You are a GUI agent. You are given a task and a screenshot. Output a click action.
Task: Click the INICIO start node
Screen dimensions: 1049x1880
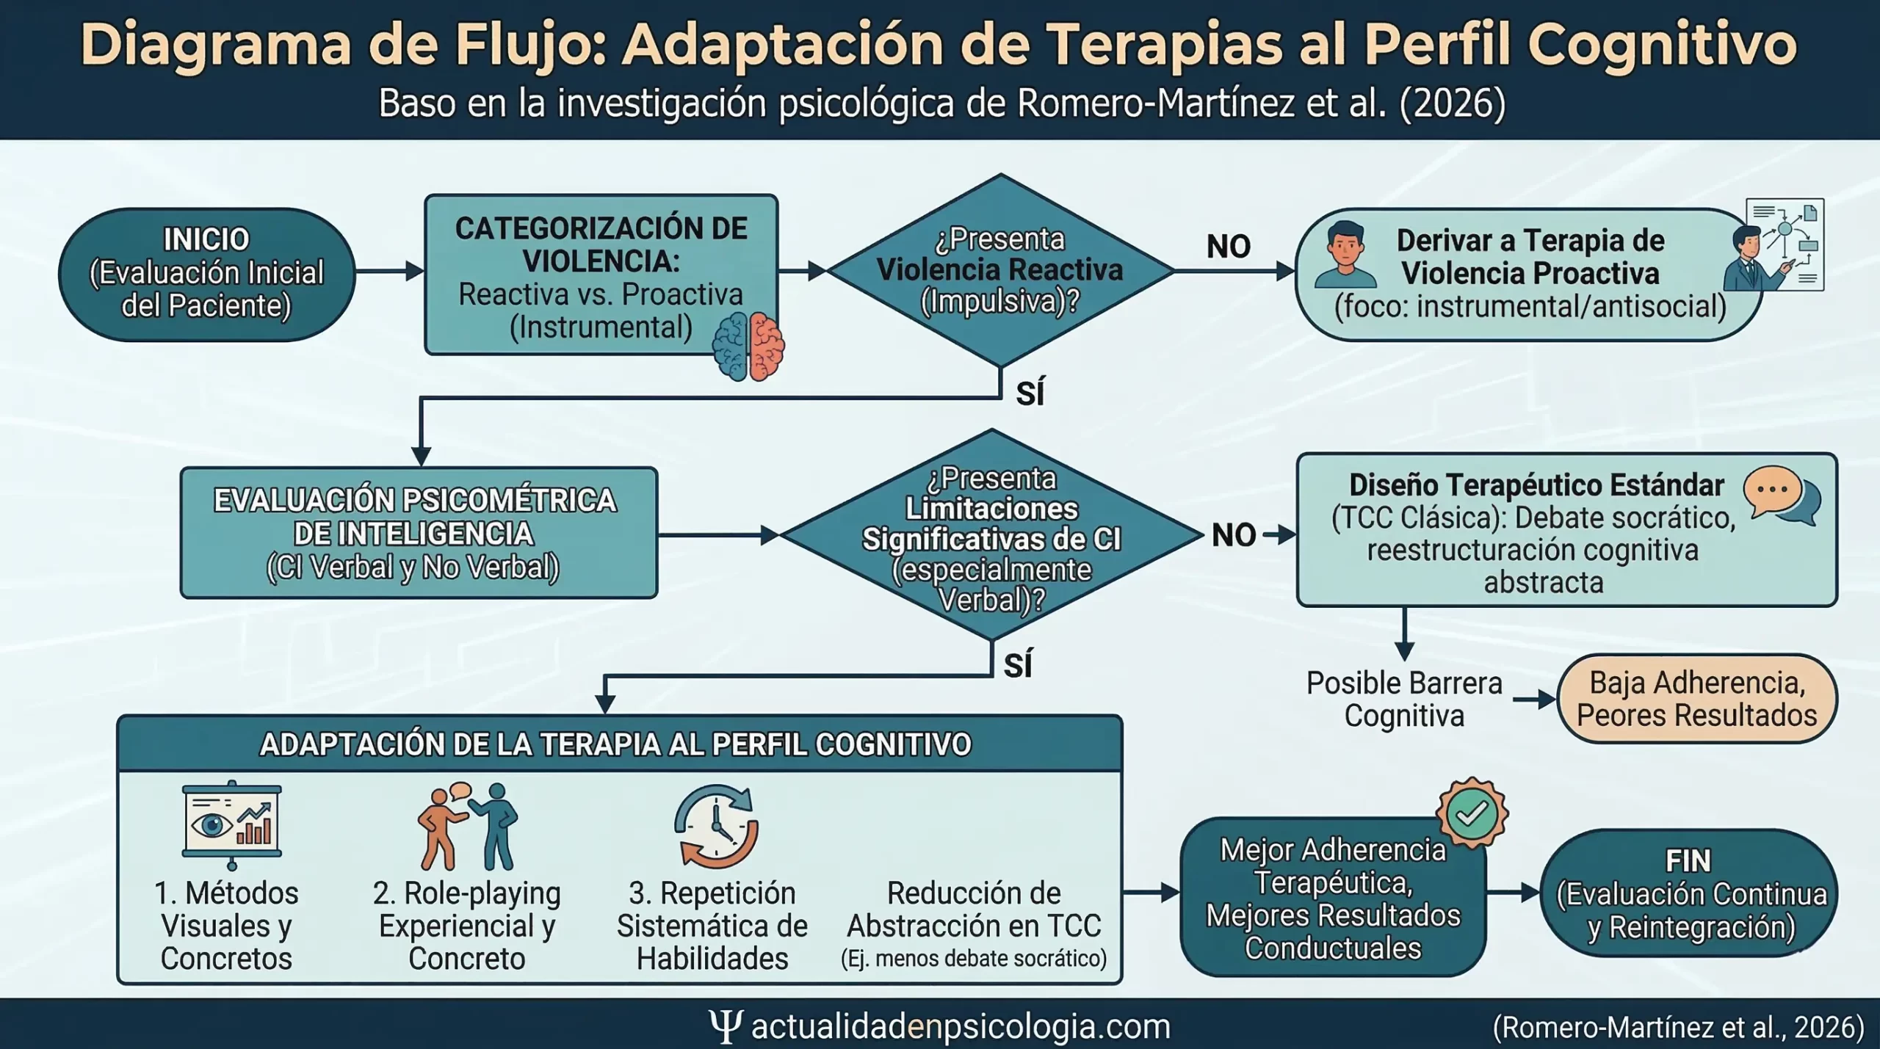click(x=206, y=273)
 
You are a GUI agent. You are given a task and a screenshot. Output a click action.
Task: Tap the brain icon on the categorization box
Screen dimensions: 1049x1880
click(x=748, y=346)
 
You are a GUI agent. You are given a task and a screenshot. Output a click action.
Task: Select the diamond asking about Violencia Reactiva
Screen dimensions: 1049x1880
click(x=999, y=270)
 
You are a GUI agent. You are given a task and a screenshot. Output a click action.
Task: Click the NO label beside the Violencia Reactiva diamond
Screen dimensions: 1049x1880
click(x=1228, y=247)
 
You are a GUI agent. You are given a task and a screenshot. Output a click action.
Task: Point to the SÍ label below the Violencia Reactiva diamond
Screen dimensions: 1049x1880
click(x=1030, y=393)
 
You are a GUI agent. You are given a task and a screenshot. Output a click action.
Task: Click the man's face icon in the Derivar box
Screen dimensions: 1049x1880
click(x=1345, y=255)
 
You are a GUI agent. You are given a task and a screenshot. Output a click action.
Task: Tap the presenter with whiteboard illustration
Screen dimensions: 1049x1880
click(x=1774, y=245)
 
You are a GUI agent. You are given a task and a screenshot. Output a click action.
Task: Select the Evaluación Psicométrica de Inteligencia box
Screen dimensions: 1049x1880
click(x=419, y=533)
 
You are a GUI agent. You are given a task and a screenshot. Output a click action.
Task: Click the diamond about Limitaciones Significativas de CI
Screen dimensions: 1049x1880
click(x=991, y=537)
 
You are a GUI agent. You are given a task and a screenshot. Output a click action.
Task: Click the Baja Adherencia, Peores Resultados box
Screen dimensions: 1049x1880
click(x=1696, y=699)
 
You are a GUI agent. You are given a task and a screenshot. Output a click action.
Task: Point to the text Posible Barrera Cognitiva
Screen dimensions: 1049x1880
click(x=1403, y=699)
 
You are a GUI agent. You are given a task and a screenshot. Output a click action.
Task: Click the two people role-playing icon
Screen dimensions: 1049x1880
click(x=468, y=825)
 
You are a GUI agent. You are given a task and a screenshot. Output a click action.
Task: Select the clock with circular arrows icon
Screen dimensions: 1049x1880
click(x=716, y=825)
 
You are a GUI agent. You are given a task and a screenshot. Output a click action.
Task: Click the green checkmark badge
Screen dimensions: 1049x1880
click(x=1472, y=813)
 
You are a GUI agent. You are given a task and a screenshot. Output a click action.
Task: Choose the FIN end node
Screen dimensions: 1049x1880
click(x=1688, y=893)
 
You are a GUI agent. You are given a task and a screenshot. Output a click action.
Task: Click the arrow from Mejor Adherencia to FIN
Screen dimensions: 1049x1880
click(x=1513, y=893)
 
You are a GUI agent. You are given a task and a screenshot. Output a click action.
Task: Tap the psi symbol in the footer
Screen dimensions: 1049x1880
click(x=725, y=1026)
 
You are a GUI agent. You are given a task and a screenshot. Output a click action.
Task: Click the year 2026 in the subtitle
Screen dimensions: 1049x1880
click(x=1452, y=104)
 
